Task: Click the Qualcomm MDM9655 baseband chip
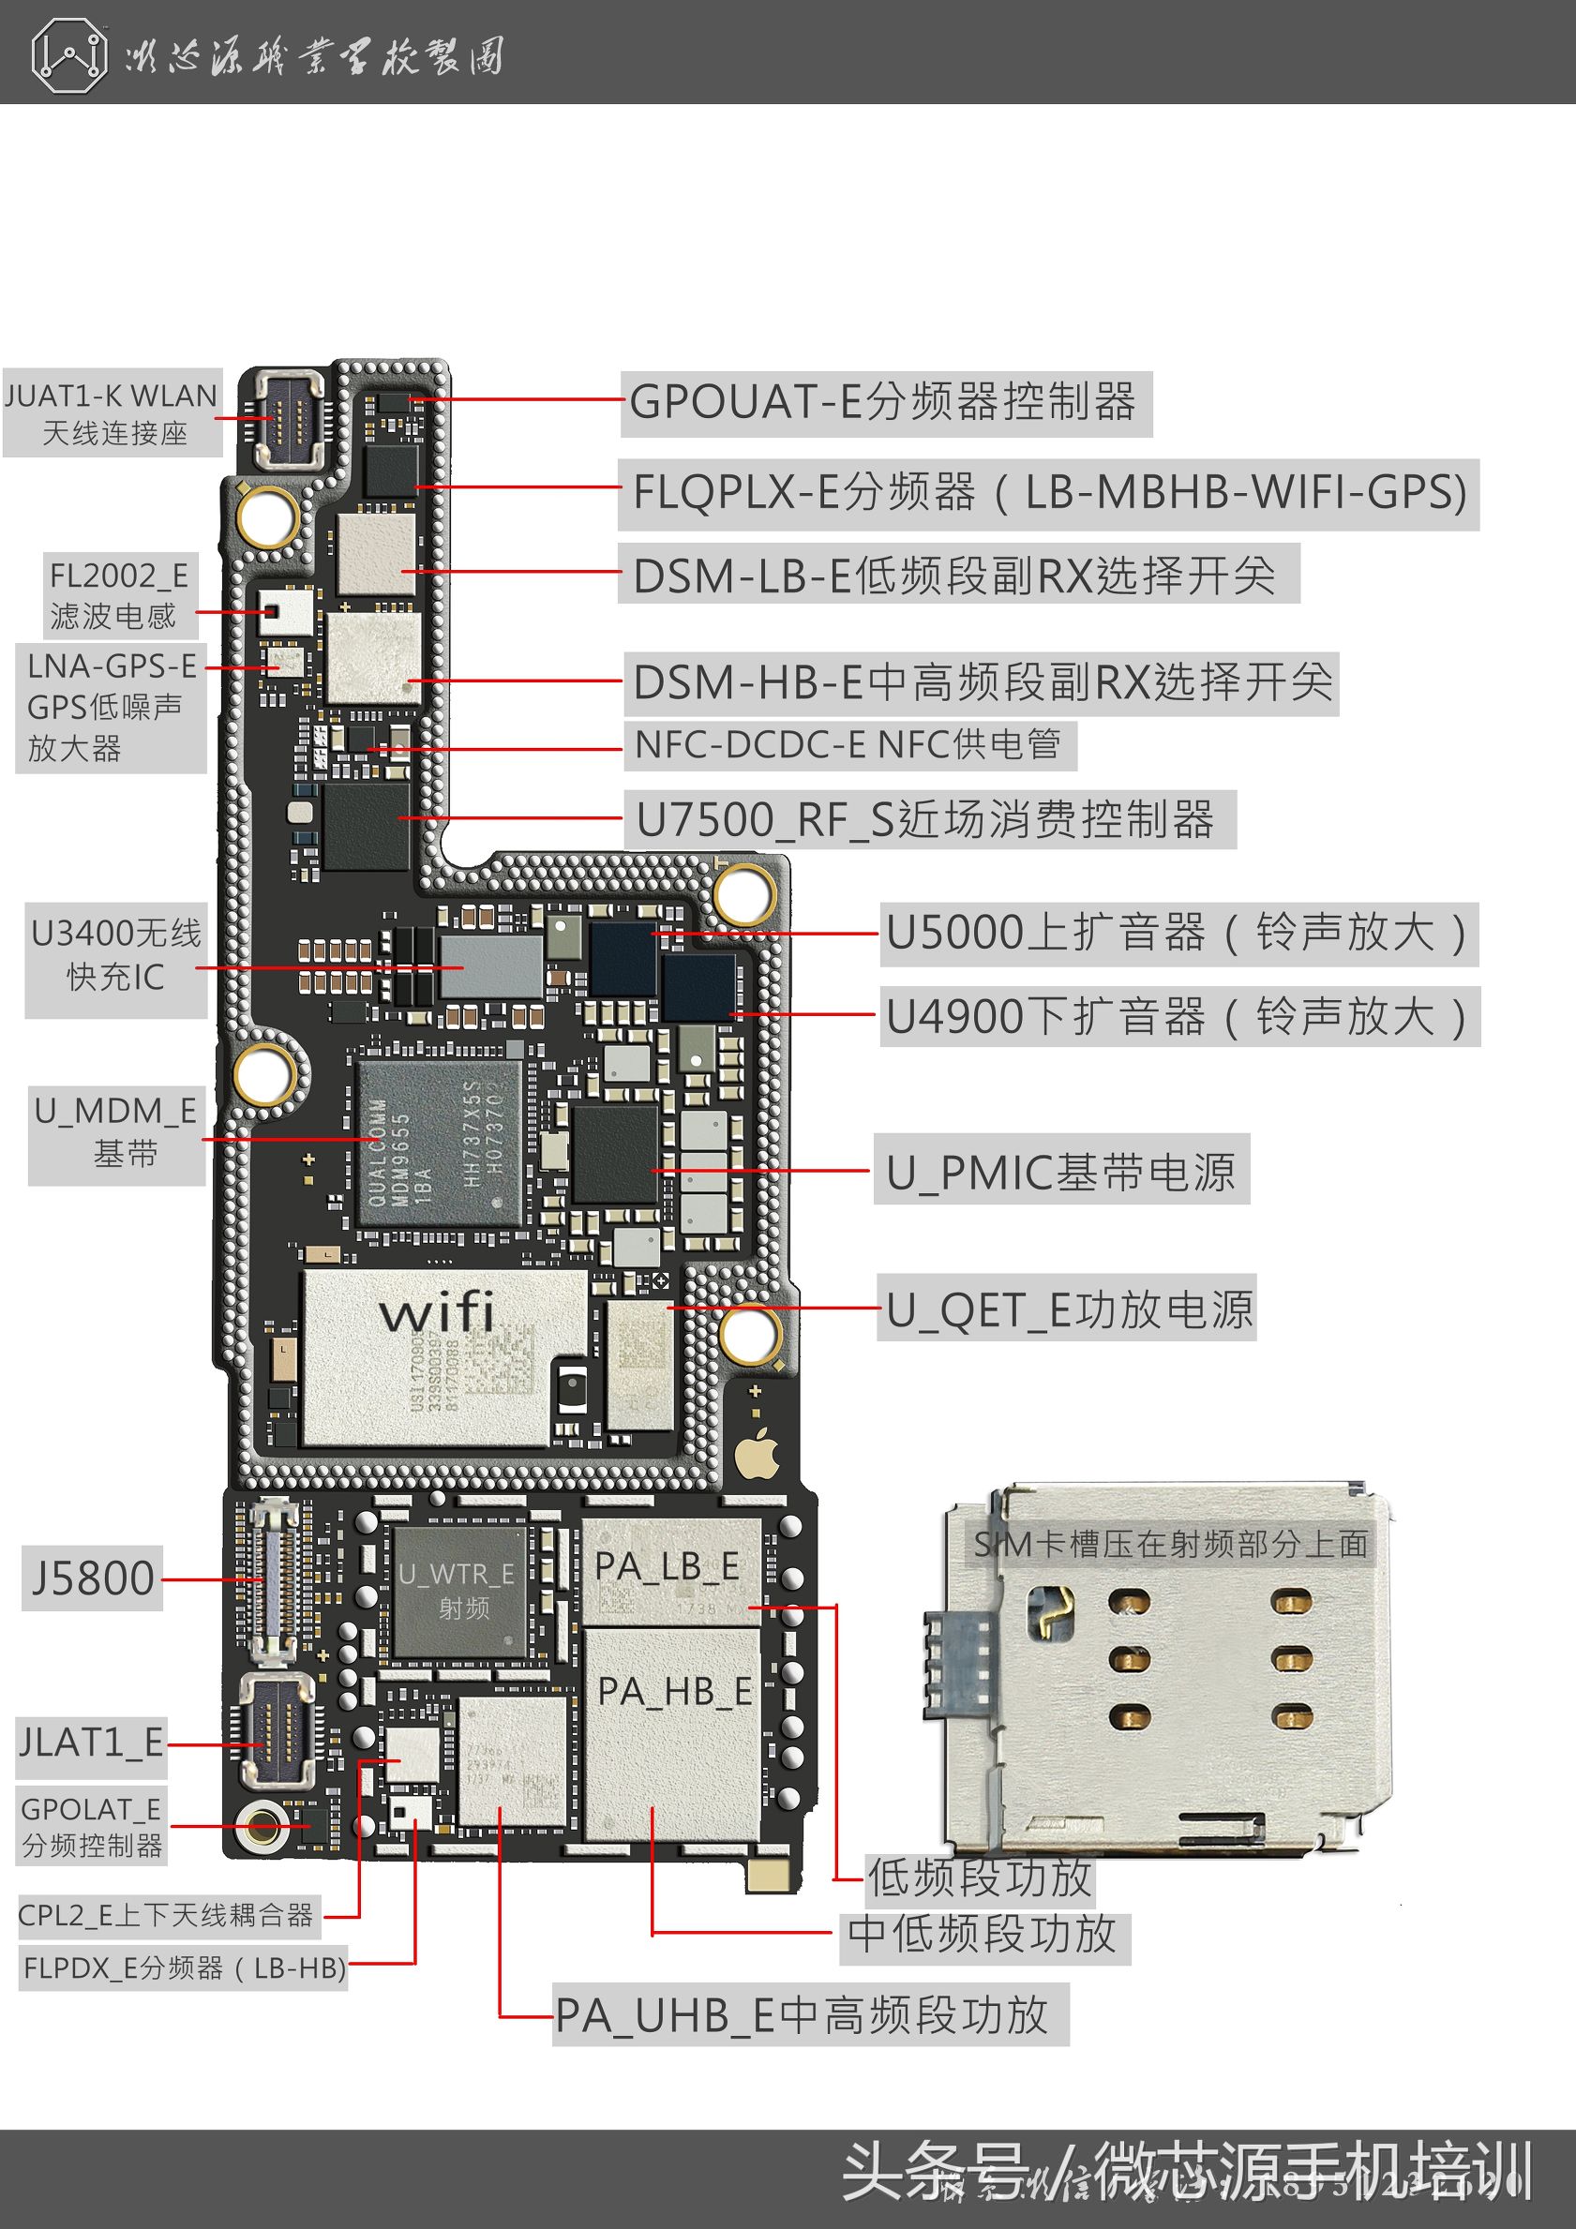tap(439, 1144)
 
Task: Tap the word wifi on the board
tap(437, 1312)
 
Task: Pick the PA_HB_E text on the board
tap(674, 1691)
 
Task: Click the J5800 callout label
tap(92, 1578)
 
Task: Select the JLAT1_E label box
tap(91, 1743)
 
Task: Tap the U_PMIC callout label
tap(1060, 1172)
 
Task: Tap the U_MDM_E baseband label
tap(115, 1133)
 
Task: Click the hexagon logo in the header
tap(68, 56)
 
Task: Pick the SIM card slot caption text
tap(1170, 1544)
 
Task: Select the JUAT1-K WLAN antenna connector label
tap(113, 413)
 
